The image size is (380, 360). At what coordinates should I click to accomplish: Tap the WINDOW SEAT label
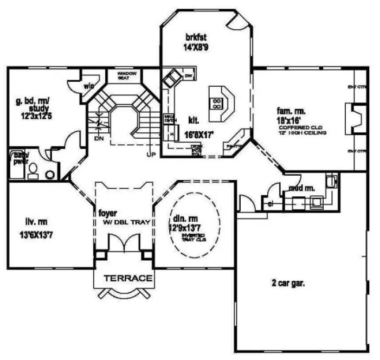(x=128, y=75)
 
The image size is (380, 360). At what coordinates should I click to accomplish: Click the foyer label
(x=108, y=213)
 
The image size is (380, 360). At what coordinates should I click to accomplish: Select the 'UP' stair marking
(x=151, y=154)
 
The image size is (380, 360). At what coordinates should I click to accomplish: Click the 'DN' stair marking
(x=98, y=138)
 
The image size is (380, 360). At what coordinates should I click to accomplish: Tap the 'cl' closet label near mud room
(x=270, y=204)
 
